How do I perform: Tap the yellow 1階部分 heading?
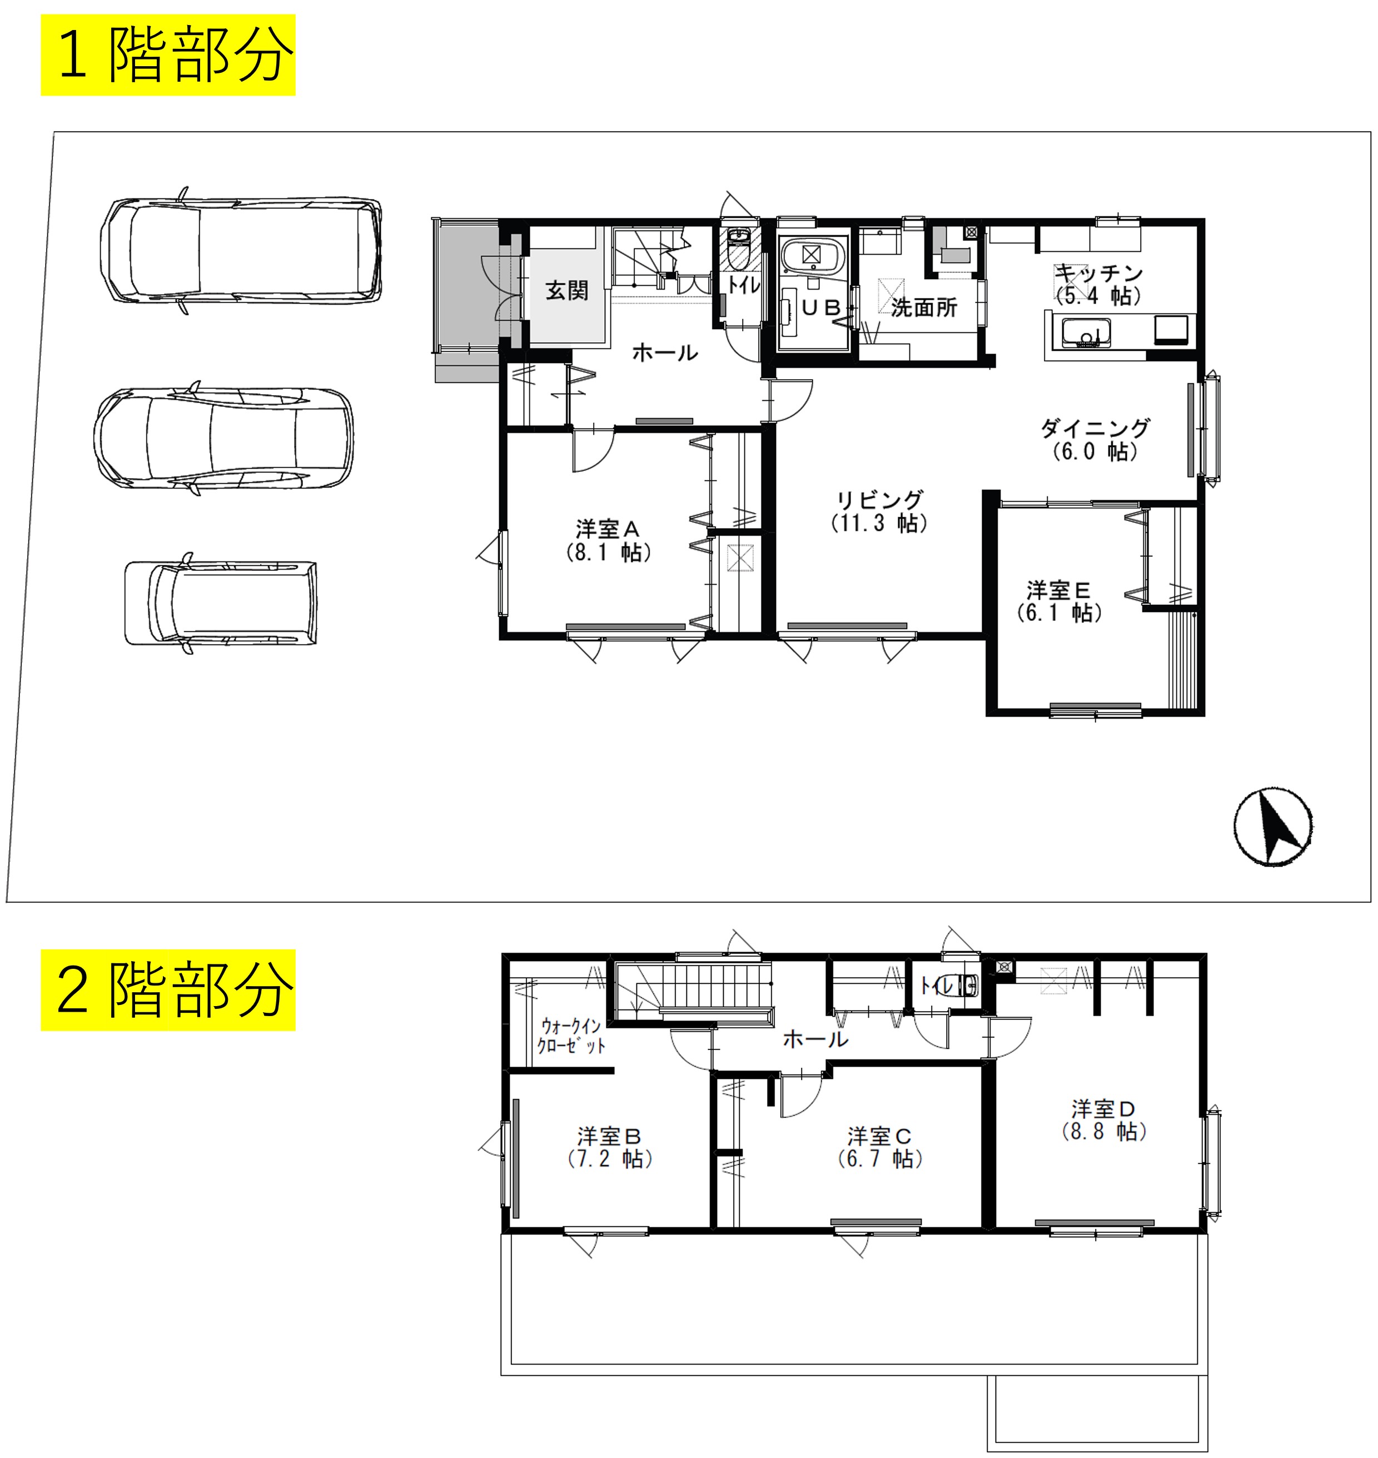pyautogui.click(x=168, y=55)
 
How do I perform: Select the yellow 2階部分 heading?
pyautogui.click(x=168, y=990)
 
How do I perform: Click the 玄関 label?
pyautogui.click(x=567, y=291)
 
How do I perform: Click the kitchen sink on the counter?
pyautogui.click(x=1085, y=334)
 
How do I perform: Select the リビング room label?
pyautogui.click(x=879, y=500)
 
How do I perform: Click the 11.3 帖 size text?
pyautogui.click(x=879, y=523)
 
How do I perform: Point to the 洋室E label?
pyautogui.click(x=1058, y=590)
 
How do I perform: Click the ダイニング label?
pyautogui.click(x=1095, y=427)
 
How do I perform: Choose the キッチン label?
pyautogui.click(x=1099, y=273)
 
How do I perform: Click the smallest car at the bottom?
pyautogui.click(x=220, y=603)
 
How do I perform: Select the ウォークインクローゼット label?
pyautogui.click(x=572, y=1036)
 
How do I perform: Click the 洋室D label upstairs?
pyautogui.click(x=1104, y=1108)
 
